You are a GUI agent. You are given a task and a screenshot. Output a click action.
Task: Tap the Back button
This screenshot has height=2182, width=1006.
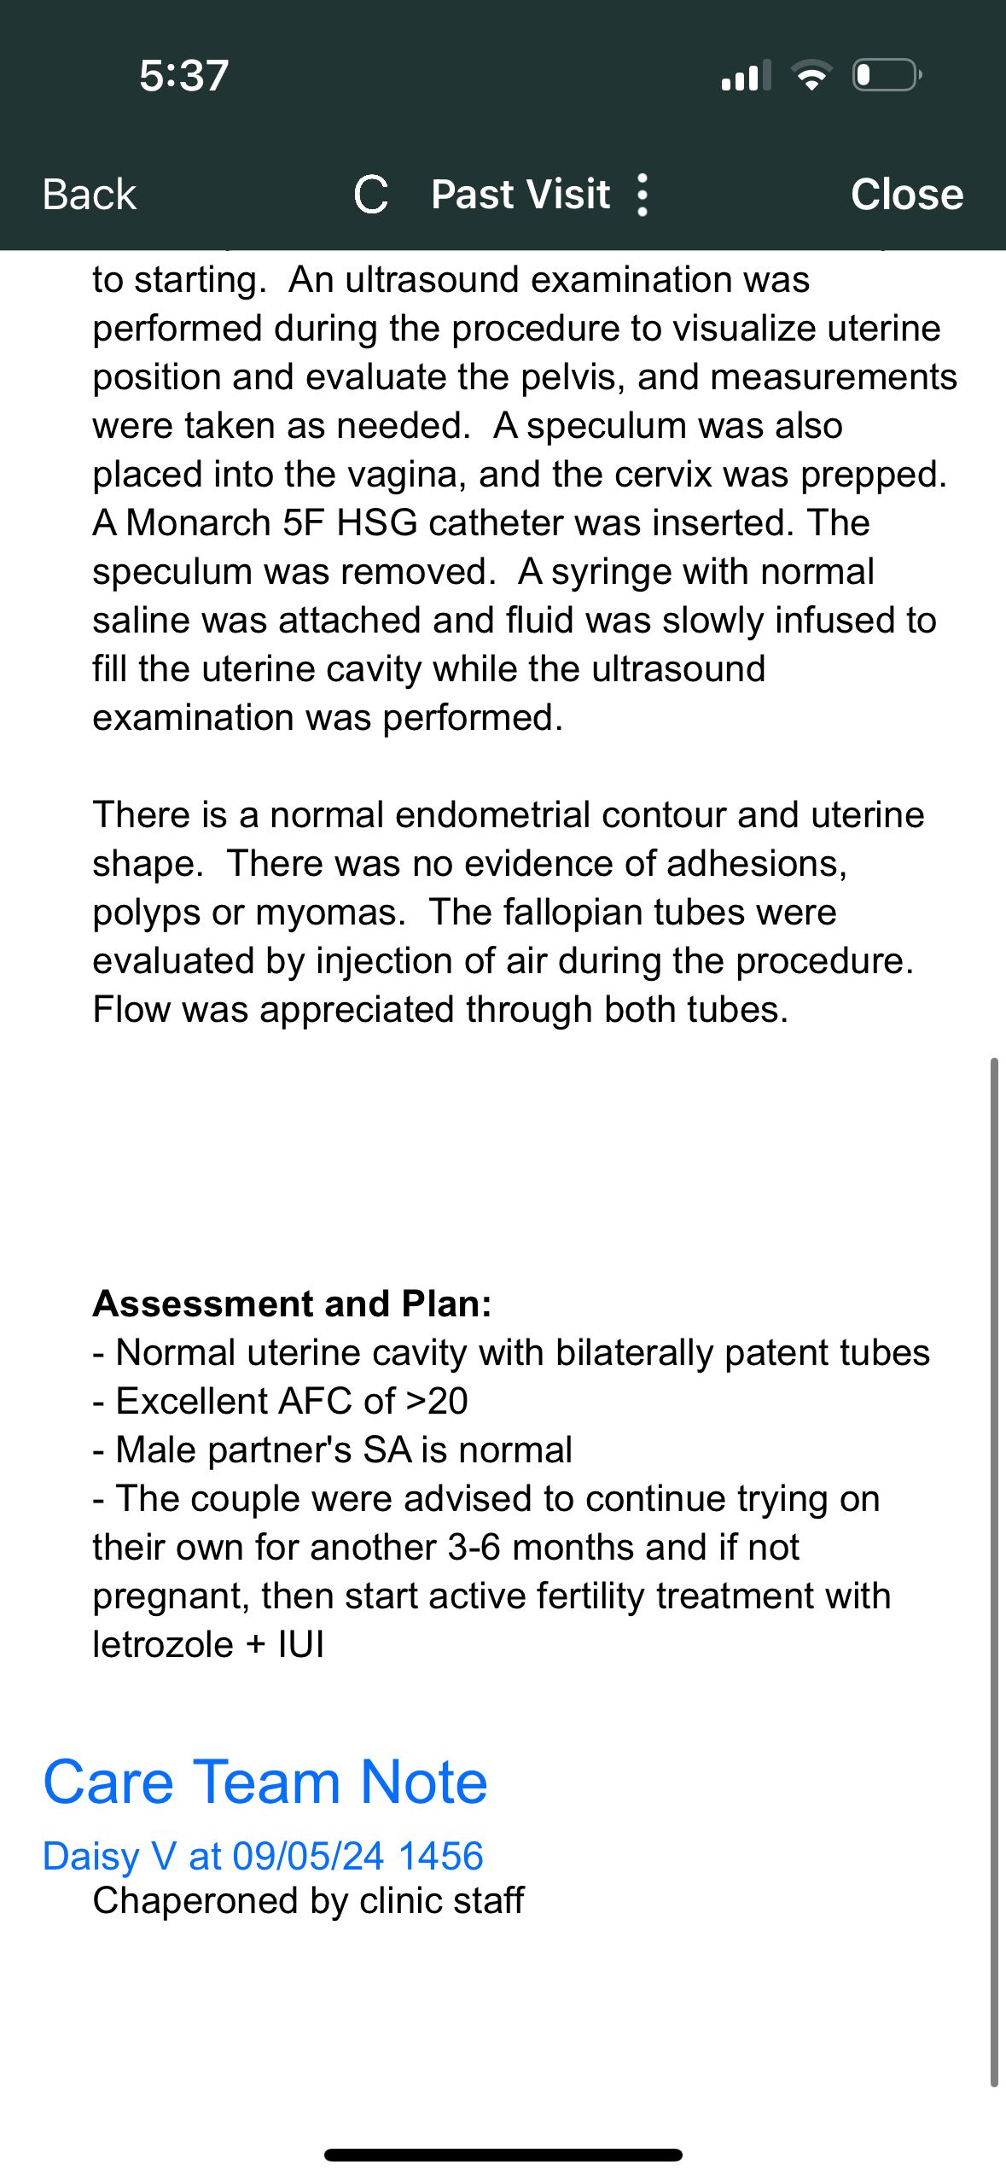pyautogui.click(x=90, y=195)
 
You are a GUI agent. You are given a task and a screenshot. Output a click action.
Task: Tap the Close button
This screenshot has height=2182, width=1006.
pyautogui.click(x=906, y=195)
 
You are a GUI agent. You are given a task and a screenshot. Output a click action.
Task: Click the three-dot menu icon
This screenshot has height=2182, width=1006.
pyautogui.click(x=643, y=195)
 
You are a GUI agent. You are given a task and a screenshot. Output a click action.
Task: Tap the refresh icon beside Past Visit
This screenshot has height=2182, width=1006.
pyautogui.click(x=371, y=195)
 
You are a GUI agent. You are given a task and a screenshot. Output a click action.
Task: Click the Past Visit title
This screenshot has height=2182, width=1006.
pyautogui.click(x=520, y=195)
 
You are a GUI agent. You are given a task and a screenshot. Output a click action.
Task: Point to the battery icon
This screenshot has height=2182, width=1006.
pyautogui.click(x=886, y=75)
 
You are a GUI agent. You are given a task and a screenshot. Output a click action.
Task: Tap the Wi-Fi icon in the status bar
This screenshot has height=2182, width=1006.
pyautogui.click(x=811, y=75)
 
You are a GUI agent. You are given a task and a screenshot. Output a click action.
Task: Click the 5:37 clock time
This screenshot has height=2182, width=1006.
pyautogui.click(x=184, y=75)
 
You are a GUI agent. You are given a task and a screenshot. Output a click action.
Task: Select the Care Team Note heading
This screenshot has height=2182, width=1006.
pyautogui.click(x=265, y=1782)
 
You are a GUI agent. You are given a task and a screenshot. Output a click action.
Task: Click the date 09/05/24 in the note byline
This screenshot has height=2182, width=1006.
pyautogui.click(x=308, y=1856)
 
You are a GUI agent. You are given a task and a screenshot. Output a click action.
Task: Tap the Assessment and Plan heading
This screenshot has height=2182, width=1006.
pyautogui.click(x=292, y=1304)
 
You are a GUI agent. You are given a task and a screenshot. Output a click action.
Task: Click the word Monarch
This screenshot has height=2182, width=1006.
pyautogui.click(x=198, y=522)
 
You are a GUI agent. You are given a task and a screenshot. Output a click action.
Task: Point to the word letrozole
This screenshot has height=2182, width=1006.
pyautogui.click(x=162, y=1644)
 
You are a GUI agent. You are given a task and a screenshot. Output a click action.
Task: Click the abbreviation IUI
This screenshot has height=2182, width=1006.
pyautogui.click(x=301, y=1644)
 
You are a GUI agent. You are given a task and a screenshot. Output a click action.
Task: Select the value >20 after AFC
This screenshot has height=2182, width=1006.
pyautogui.click(x=436, y=1401)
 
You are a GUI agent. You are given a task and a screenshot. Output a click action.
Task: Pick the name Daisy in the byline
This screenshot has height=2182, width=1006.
pyautogui.click(x=90, y=1856)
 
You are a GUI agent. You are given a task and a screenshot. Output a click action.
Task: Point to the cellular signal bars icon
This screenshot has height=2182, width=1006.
pyautogui.click(x=747, y=75)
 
